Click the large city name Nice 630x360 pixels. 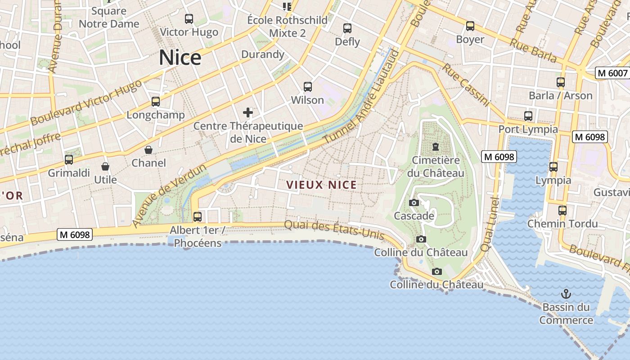click(180, 58)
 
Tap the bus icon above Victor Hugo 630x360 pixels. click(189, 19)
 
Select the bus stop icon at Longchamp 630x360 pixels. click(156, 102)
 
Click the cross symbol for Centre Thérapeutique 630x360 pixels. click(248, 112)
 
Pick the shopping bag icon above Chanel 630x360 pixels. click(148, 150)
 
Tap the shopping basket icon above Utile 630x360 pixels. click(105, 167)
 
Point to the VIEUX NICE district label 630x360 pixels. click(321, 185)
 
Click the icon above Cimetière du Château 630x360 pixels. click(436, 147)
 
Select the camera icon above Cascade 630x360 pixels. click(414, 203)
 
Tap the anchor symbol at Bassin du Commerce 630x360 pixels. click(566, 294)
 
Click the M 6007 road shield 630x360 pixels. click(612, 73)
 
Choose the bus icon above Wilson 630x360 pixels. click(308, 87)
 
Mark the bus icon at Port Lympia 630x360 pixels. click(528, 116)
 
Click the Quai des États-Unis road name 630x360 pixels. click(334, 229)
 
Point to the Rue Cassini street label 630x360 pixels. click(465, 85)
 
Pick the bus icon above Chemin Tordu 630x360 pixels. click(562, 210)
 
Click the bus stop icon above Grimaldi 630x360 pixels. click(69, 160)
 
